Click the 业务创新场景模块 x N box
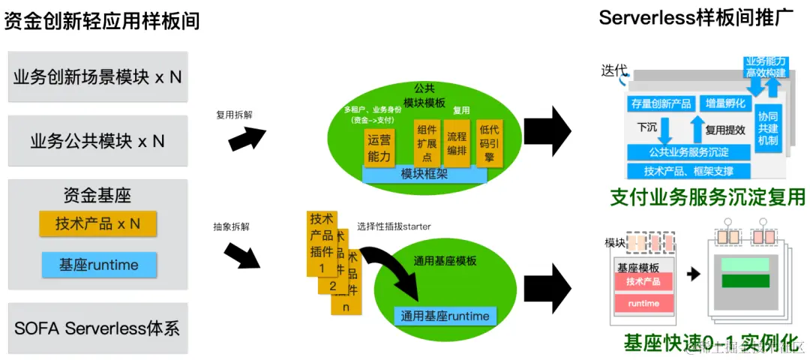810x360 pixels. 97,76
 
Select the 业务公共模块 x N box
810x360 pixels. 97,141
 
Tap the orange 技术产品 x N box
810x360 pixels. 97,223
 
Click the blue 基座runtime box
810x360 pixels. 97,265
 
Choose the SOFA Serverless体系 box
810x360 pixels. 97,328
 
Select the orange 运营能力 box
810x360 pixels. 379,147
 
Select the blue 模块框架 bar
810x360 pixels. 424,174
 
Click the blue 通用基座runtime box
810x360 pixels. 445,316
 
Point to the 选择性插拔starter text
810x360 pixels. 394,226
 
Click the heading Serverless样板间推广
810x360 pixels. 696,17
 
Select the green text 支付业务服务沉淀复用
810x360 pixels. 707,197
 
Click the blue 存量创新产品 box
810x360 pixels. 660,103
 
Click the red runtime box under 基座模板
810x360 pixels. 643,304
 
